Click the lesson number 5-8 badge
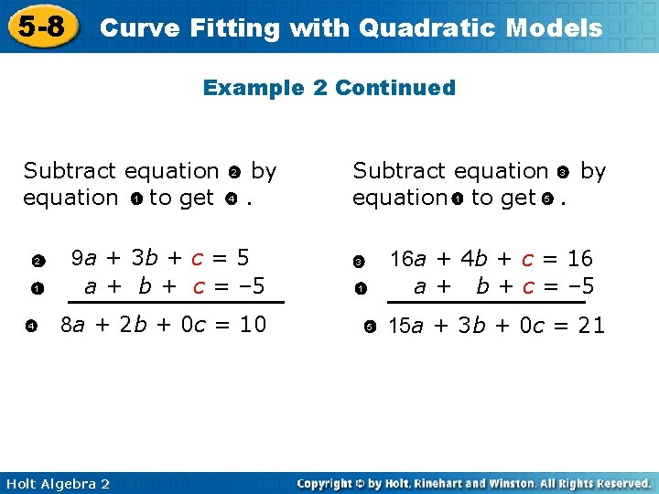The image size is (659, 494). [x=41, y=26]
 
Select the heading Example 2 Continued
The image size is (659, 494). [x=329, y=88]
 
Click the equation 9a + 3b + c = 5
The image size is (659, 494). [x=161, y=259]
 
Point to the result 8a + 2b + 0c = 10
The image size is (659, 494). [x=163, y=324]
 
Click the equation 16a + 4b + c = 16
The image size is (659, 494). [x=491, y=259]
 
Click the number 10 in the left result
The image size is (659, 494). [x=252, y=324]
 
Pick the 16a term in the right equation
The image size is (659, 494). [x=406, y=259]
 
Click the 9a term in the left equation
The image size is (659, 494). [x=85, y=259]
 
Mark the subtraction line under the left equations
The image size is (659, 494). [x=177, y=301]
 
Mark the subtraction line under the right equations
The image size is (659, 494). [x=486, y=301]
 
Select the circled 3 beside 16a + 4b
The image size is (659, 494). [x=360, y=263]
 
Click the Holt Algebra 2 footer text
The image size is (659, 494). [x=58, y=483]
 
